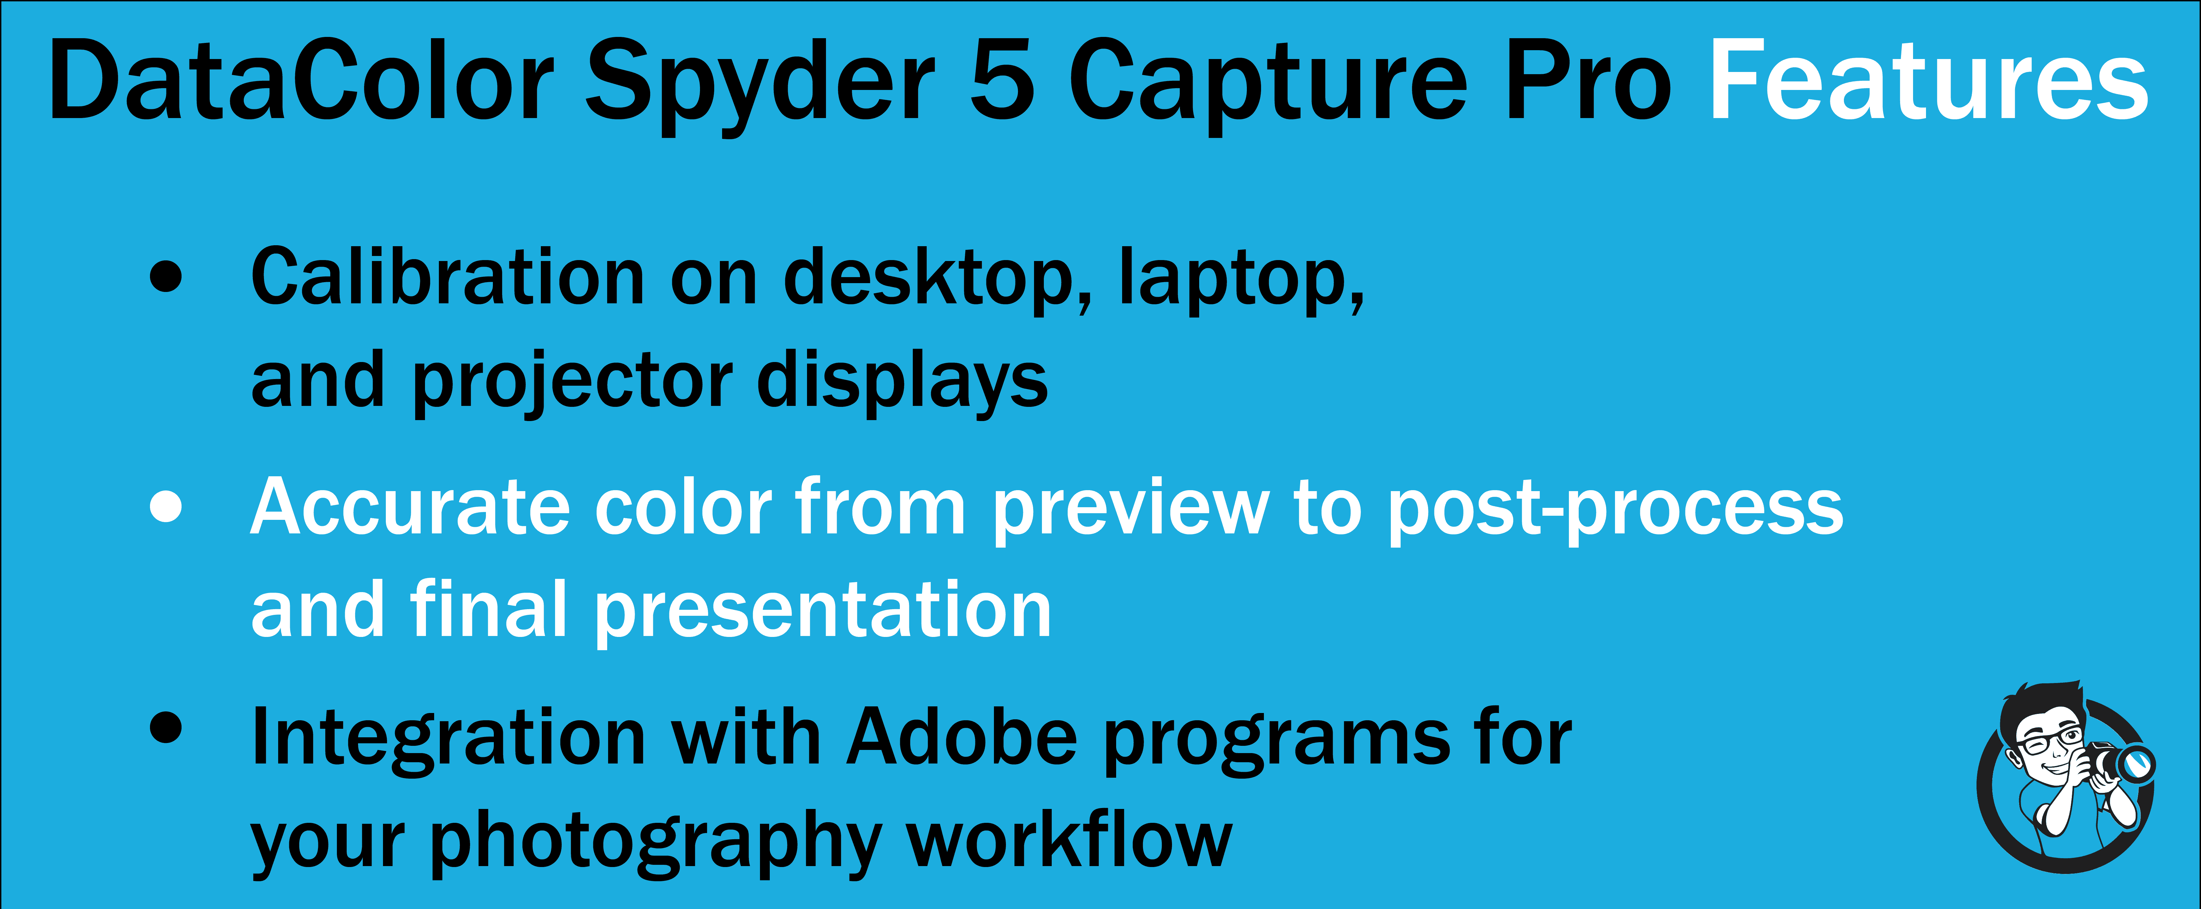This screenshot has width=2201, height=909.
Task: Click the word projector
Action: click(x=572, y=384)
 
